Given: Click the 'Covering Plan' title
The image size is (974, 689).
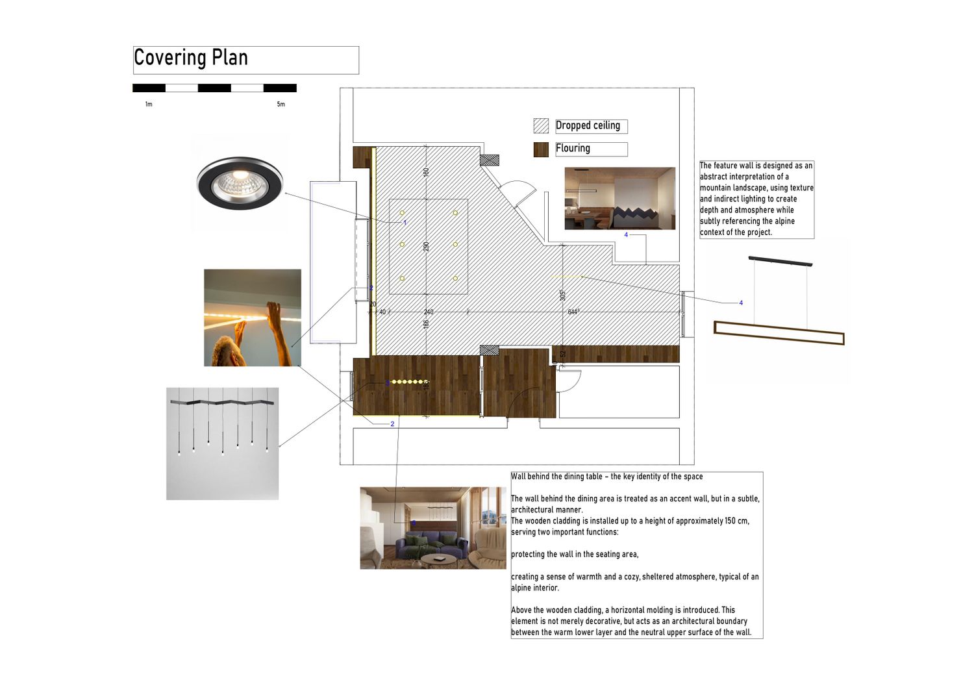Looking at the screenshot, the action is [x=191, y=58].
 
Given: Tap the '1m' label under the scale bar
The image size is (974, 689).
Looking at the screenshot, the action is [x=149, y=105].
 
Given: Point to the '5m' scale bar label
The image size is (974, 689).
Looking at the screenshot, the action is [x=281, y=105].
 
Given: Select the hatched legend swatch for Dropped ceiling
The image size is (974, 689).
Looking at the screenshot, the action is [x=541, y=126].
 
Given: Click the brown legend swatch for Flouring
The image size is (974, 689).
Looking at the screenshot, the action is [x=541, y=149].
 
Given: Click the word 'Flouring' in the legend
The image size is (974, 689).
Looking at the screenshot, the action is [x=573, y=148].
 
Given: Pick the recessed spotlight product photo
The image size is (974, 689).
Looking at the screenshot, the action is [x=240, y=183].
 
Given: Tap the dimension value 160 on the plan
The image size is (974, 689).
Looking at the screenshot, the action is [x=426, y=172].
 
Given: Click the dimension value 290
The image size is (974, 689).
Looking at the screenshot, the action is [x=426, y=247].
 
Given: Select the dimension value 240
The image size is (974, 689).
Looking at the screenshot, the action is [x=429, y=312].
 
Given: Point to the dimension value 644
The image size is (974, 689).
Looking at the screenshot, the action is [x=573, y=312].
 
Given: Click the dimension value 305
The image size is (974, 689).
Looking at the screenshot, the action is [x=563, y=295].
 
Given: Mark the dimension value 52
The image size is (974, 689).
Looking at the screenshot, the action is [x=563, y=354].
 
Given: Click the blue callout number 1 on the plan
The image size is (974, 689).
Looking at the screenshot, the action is [x=405, y=223].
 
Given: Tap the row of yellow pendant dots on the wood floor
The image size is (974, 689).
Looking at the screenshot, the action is [x=408, y=382].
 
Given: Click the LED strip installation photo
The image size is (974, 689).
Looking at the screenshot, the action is [x=253, y=318].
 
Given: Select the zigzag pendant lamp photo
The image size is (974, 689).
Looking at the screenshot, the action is [x=222, y=444].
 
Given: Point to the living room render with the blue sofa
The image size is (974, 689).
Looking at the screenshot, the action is [x=433, y=528].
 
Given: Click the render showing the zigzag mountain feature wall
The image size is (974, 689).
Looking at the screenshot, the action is [x=620, y=198].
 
